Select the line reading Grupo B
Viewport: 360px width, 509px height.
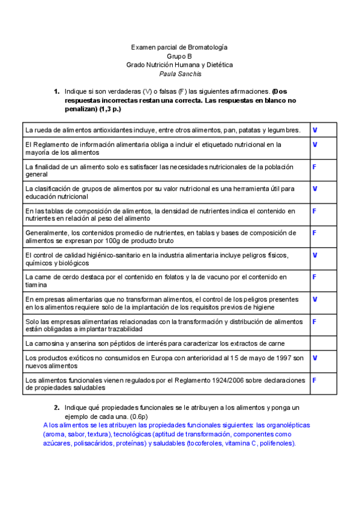(179, 56)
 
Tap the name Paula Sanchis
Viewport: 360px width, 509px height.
(179, 74)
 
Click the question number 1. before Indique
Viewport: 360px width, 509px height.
(56, 92)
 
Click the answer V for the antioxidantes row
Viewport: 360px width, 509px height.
(315, 130)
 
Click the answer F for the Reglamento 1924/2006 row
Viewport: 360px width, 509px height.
(314, 380)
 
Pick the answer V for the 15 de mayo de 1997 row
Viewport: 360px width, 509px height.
(315, 358)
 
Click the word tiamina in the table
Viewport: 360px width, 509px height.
(37, 285)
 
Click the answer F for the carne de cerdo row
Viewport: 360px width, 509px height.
(314, 277)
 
